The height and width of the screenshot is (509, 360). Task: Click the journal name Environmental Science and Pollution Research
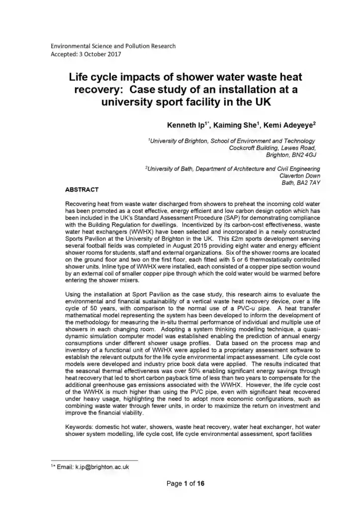pyautogui.click(x=113, y=46)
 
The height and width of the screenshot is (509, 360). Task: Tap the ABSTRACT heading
pyautogui.click(x=82, y=190)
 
